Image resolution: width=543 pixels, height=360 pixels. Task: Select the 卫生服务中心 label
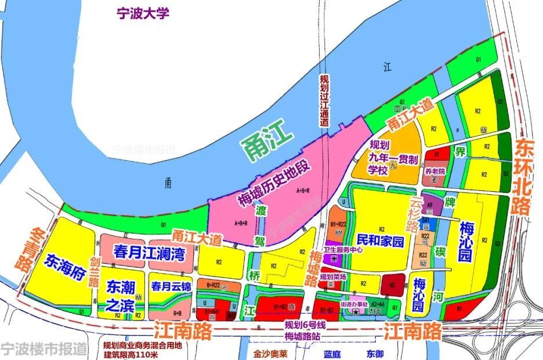(356, 251)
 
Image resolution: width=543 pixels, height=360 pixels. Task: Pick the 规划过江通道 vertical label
(325, 101)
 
